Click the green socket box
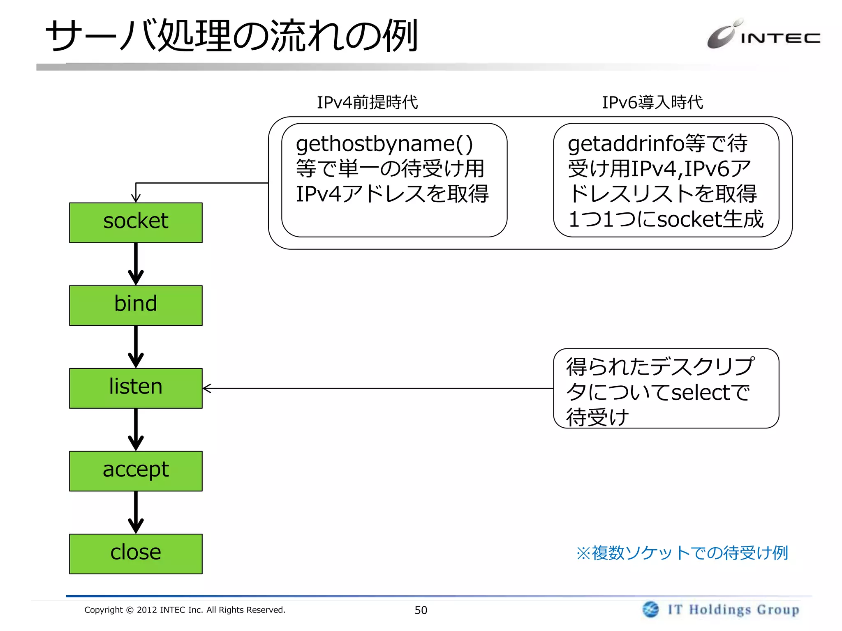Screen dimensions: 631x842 pyautogui.click(x=136, y=222)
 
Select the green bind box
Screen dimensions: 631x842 pyautogui.click(x=136, y=305)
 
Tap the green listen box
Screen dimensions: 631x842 pyautogui.click(x=136, y=388)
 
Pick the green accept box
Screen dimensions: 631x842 pyautogui.click(x=136, y=471)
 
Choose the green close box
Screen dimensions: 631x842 pyautogui.click(x=136, y=553)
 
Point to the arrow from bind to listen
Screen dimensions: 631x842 pyautogui.click(x=136, y=346)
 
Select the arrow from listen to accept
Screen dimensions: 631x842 pyautogui.click(x=136, y=429)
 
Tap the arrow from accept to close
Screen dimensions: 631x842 pyautogui.click(x=136, y=512)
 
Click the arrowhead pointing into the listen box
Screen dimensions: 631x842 pyautogui.click(x=207, y=388)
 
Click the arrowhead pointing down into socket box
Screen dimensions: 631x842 pyautogui.click(x=136, y=198)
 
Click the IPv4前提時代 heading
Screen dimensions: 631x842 pyautogui.click(x=367, y=102)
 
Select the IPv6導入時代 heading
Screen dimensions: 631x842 pyautogui.click(x=652, y=102)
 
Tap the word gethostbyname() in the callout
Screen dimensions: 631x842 pyautogui.click(x=384, y=145)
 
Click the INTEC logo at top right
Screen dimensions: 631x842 pyautogui.click(x=763, y=35)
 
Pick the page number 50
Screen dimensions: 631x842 pyautogui.click(x=421, y=610)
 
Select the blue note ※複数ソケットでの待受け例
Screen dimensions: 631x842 pyautogui.click(x=682, y=553)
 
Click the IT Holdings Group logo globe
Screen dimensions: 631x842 pyautogui.click(x=650, y=609)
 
